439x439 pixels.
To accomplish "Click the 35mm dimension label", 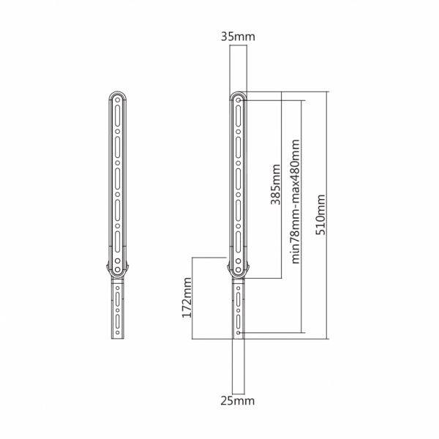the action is click(x=238, y=37).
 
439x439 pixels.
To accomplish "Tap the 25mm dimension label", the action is click(x=237, y=401).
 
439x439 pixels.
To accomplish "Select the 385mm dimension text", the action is click(x=276, y=184).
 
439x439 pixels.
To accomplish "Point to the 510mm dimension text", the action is click(x=320, y=214).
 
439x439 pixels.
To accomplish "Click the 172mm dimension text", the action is click(x=187, y=297).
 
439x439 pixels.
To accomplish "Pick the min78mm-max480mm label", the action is click(x=296, y=202).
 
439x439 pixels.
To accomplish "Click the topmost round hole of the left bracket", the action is click(x=118, y=100).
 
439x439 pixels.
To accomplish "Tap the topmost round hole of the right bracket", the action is click(x=239, y=100).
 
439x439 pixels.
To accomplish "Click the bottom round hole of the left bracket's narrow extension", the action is click(x=118, y=333).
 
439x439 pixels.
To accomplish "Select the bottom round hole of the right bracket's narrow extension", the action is click(x=239, y=333).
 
